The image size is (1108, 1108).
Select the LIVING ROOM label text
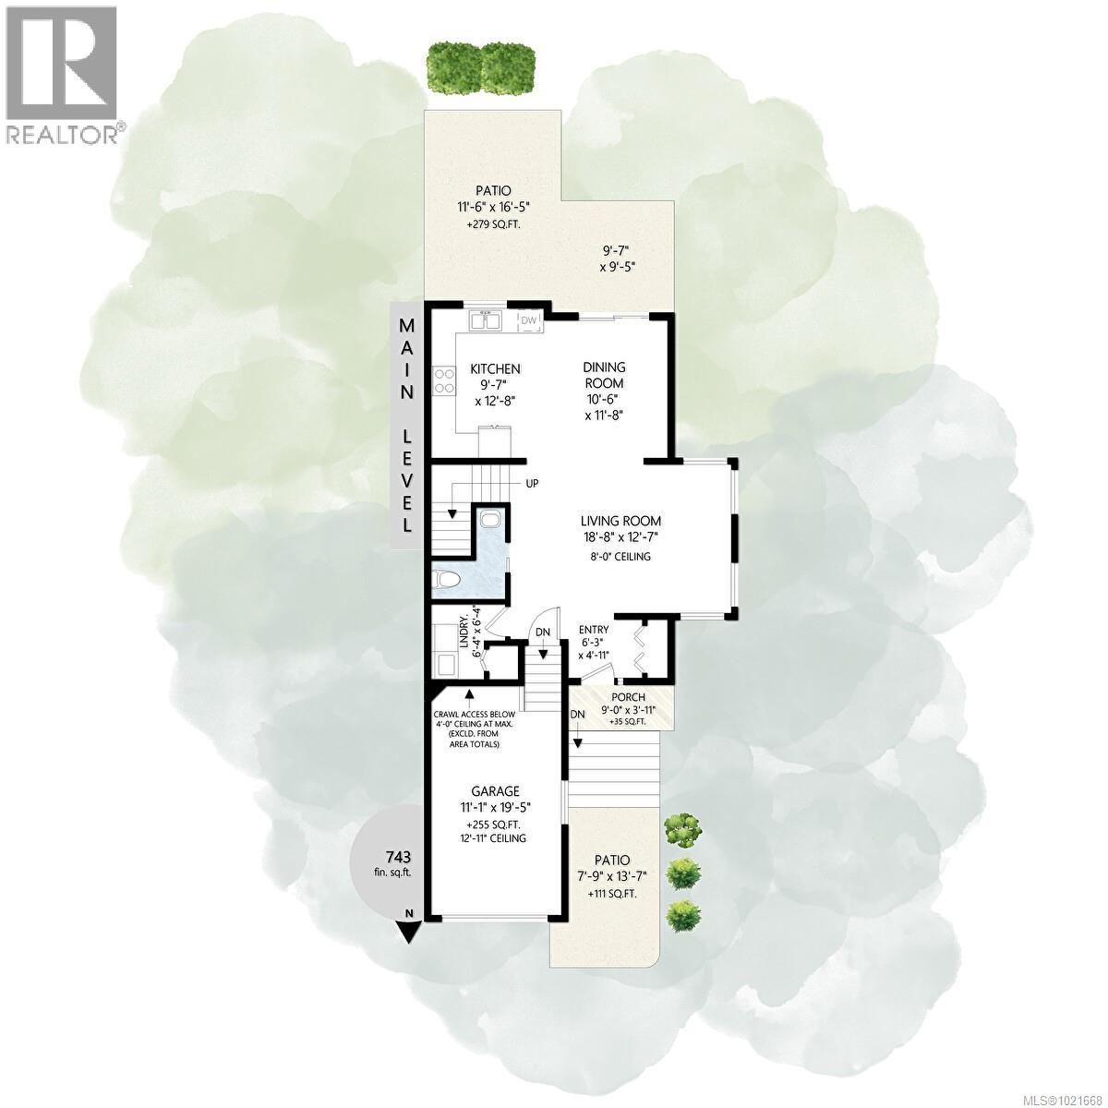[620, 521]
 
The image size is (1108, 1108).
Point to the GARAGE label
[495, 791]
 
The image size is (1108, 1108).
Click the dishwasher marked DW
[529, 320]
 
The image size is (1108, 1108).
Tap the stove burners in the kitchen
[444, 381]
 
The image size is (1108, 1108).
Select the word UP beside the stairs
[533, 483]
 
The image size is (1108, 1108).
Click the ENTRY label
[594, 630]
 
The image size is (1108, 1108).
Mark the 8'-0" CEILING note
[620, 557]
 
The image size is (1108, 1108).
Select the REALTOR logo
[63, 74]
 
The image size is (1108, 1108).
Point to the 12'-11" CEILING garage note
[495, 838]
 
